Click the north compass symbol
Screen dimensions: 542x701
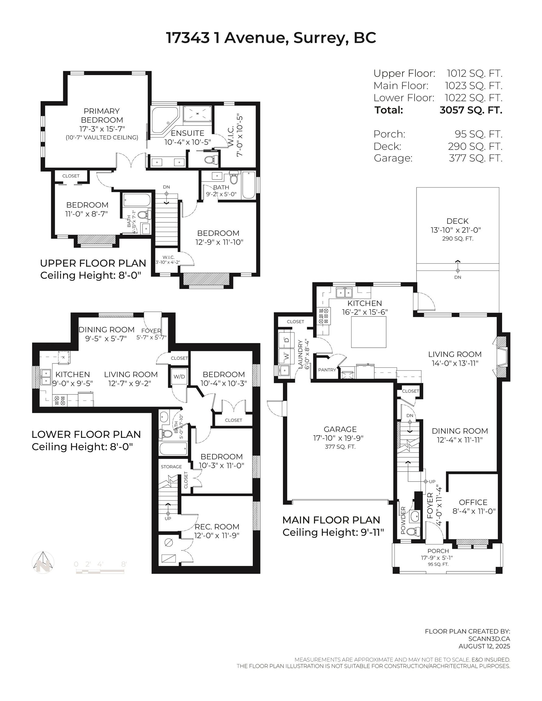[43, 562]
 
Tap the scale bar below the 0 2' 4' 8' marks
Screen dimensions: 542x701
[100, 572]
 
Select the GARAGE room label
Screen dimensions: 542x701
[340, 429]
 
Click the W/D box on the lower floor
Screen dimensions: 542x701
[179, 376]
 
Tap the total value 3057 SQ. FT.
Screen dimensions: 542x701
[471, 110]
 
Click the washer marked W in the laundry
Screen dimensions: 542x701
[287, 356]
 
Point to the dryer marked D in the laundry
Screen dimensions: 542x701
[287, 340]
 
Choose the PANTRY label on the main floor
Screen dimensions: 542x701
[327, 370]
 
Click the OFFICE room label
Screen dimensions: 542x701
[473, 502]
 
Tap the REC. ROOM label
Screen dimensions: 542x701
[217, 527]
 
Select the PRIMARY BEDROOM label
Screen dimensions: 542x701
[102, 116]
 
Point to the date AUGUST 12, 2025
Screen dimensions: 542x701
[484, 646]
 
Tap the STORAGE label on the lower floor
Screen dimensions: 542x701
[171, 467]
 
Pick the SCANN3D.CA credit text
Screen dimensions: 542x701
[489, 639]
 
